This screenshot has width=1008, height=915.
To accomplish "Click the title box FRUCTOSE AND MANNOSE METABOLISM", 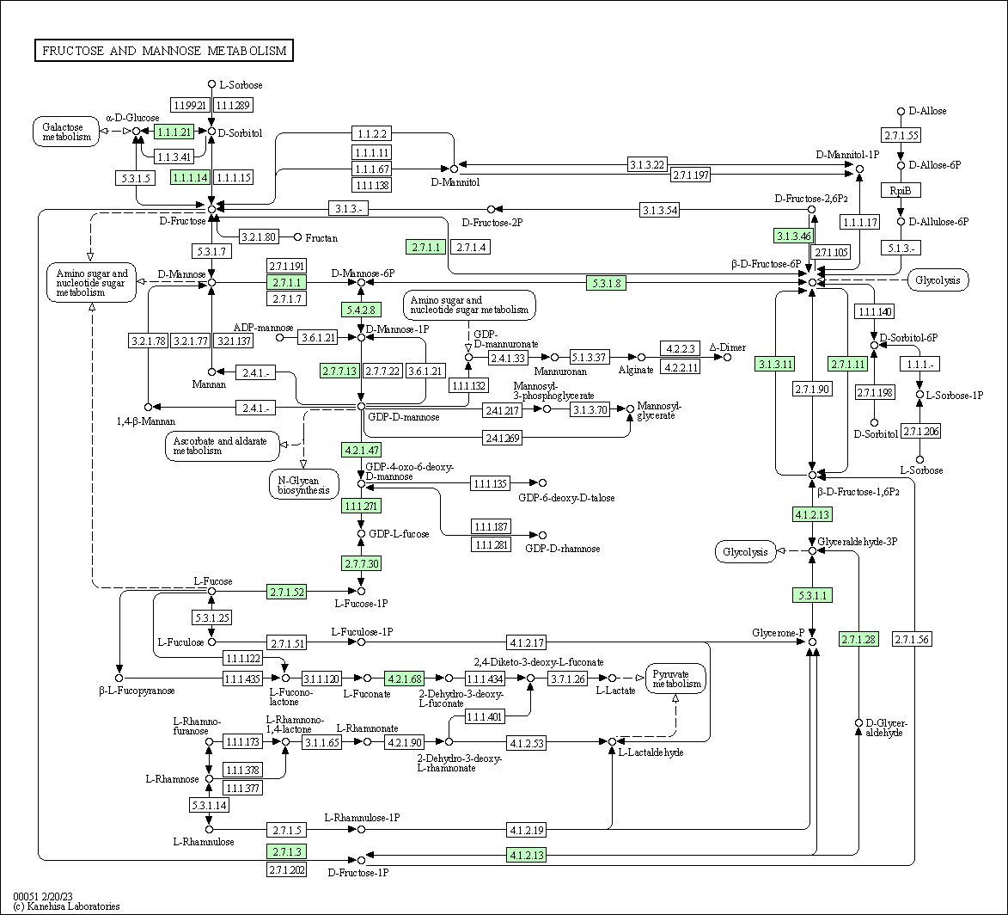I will pyautogui.click(x=163, y=51).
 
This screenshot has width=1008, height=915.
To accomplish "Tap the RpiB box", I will pyautogui.click(x=901, y=190).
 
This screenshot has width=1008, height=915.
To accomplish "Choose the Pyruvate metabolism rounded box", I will pyautogui.click(x=676, y=678).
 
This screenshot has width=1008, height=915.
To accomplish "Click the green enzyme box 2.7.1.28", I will pyautogui.click(x=858, y=639).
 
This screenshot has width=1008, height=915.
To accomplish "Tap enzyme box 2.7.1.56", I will pyautogui.click(x=912, y=639).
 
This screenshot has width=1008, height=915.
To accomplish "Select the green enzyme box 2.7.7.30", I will pyautogui.click(x=362, y=563).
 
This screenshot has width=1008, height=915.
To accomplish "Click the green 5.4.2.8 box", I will pyautogui.click(x=362, y=310).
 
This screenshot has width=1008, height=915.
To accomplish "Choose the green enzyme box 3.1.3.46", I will pyautogui.click(x=792, y=235).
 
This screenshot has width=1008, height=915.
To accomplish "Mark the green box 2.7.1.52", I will pyautogui.click(x=286, y=592).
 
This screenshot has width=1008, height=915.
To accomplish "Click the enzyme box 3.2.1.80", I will pyautogui.click(x=258, y=237).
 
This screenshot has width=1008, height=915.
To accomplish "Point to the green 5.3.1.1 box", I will pyautogui.click(x=812, y=595).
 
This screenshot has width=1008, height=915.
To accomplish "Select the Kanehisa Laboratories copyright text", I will pyautogui.click(x=66, y=906).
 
